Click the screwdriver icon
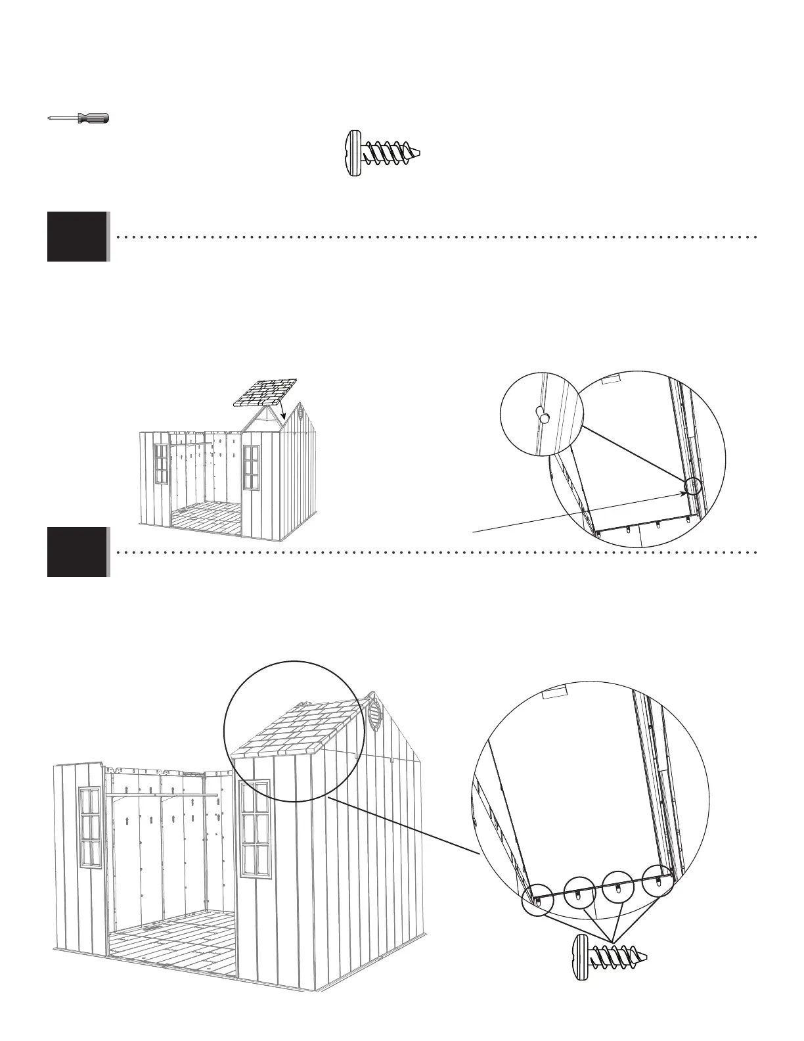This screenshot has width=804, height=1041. (79, 118)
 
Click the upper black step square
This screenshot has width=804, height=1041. (77, 237)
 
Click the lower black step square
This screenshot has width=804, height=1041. (77, 552)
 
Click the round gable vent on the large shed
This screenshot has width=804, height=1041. (373, 711)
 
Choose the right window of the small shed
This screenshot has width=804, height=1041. (251, 467)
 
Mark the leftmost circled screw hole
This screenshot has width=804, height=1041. (537, 900)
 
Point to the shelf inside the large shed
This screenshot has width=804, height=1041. (164, 796)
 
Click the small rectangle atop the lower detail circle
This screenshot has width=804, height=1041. (555, 692)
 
